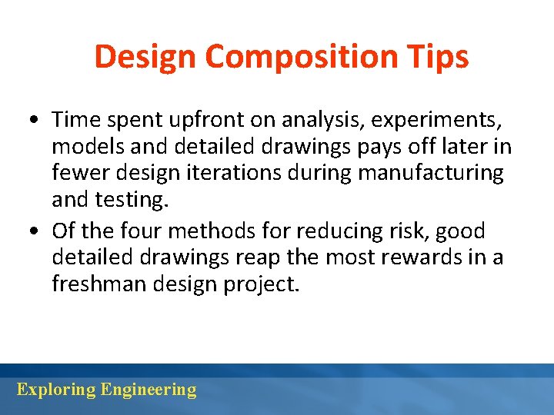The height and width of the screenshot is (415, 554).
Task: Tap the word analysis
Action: (x=328, y=120)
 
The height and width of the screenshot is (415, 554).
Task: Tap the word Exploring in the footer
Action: (x=55, y=390)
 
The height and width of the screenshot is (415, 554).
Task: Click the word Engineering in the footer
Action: (x=149, y=390)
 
